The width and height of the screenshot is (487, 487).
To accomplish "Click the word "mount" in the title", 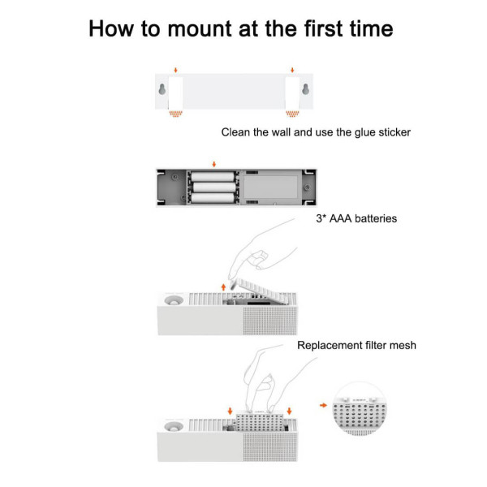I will pos(196,30).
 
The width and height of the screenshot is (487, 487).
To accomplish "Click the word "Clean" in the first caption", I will pos(237,131).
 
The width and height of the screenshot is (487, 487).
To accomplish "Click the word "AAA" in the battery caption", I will pos(341,218).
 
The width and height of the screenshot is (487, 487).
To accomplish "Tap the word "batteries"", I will pos(377,218).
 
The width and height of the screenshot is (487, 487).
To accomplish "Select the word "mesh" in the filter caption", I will pos(402,345).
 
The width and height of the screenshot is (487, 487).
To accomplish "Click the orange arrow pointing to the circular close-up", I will pos(325,403).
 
